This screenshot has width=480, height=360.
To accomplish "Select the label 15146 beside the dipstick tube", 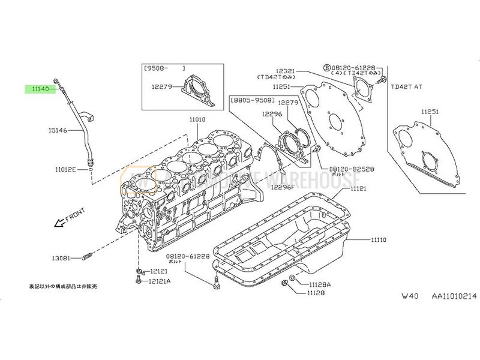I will (x=58, y=129).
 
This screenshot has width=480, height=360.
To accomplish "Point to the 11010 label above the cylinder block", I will (x=197, y=119).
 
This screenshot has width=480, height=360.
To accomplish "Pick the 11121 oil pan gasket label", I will (x=359, y=189).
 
